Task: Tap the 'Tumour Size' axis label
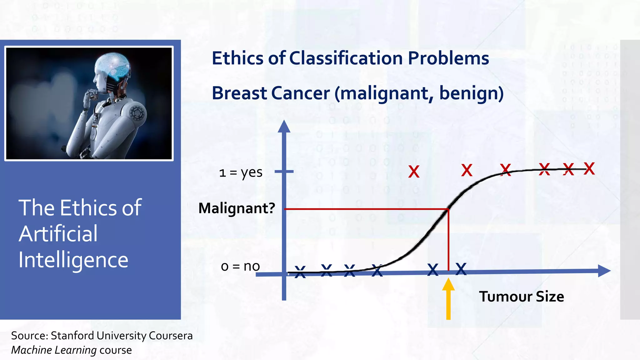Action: (x=521, y=297)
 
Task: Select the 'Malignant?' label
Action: (x=237, y=208)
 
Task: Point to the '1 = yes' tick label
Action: (x=241, y=172)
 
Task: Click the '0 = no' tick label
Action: (x=240, y=266)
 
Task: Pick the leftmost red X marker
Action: (x=414, y=172)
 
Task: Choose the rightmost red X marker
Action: (x=589, y=169)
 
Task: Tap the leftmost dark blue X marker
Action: (x=300, y=272)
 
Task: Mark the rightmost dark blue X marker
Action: (x=461, y=269)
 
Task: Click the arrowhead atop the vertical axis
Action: (x=284, y=127)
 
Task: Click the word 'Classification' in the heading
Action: (x=346, y=58)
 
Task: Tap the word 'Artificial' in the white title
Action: (x=58, y=234)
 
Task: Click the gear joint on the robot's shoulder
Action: (x=137, y=113)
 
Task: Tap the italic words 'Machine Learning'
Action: (x=54, y=350)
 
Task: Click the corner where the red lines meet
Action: (x=448, y=209)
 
